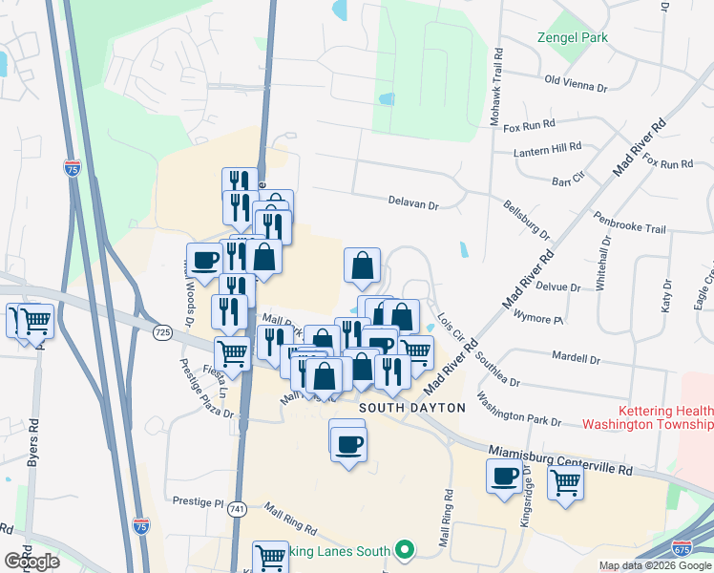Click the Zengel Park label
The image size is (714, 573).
pyautogui.click(x=571, y=37)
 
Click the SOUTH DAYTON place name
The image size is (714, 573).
pyautogui.click(x=412, y=408)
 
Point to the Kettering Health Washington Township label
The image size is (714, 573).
pyautogui.click(x=652, y=416)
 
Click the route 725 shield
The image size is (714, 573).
pyautogui.click(x=161, y=331)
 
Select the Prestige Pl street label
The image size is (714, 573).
pyautogui.click(x=198, y=500)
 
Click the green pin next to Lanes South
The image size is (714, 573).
pyautogui.click(x=404, y=550)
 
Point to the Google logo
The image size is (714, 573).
pyautogui.click(x=32, y=561)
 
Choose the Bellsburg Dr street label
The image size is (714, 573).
pyautogui.click(x=527, y=219)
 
